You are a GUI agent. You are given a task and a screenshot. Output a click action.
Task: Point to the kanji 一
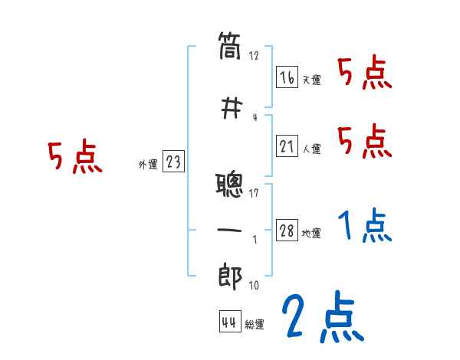click(x=229, y=231)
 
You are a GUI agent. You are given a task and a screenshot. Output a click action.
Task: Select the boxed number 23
click(x=173, y=162)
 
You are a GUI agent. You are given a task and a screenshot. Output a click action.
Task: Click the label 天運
click(x=311, y=80)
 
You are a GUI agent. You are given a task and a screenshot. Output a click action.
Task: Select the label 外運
click(x=148, y=163)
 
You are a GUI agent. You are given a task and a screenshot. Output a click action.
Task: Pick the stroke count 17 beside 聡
click(x=255, y=192)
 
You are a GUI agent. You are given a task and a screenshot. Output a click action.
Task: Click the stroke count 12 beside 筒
click(x=255, y=56)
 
